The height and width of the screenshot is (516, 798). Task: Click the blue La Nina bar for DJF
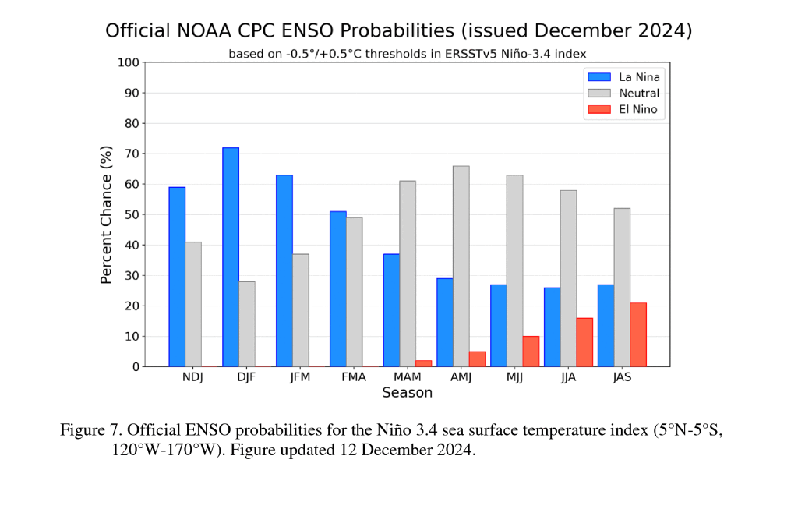coord(231,257)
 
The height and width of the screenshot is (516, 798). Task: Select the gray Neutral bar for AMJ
coord(461,266)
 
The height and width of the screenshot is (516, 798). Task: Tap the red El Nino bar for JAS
coord(637,334)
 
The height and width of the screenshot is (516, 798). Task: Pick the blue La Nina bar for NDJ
coord(177,277)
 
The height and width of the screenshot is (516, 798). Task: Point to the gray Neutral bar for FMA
coord(354,292)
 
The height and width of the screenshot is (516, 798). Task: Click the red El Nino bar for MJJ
coord(531,352)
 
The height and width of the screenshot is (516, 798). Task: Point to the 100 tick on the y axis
coord(129,62)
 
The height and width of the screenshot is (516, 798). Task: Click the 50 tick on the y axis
coord(132,214)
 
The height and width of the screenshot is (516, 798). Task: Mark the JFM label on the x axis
coord(300,377)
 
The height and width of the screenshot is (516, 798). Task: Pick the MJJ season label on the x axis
coord(514,377)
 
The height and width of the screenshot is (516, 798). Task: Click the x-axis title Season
coord(407,393)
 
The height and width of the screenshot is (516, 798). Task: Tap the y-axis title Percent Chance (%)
coord(107,214)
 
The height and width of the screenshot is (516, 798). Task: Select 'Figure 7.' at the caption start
coord(91,430)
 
